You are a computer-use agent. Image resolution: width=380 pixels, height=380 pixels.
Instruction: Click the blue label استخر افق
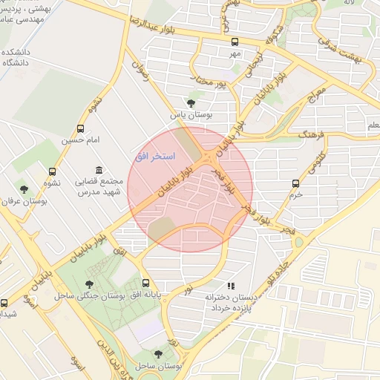(x=154, y=157)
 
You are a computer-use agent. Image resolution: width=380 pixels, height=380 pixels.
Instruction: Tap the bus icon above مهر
(x=235, y=42)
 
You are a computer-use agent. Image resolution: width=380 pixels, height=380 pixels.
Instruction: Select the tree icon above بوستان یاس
(x=192, y=102)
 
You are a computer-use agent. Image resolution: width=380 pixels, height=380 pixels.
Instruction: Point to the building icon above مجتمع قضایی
(x=100, y=170)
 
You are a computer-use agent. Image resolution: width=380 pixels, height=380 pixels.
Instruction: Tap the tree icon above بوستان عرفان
(x=24, y=189)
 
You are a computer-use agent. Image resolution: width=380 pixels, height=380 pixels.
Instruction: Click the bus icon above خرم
(x=296, y=183)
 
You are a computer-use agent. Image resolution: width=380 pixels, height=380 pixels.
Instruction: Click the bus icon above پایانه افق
(x=145, y=284)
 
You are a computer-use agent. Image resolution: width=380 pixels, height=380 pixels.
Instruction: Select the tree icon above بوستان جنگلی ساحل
(x=90, y=284)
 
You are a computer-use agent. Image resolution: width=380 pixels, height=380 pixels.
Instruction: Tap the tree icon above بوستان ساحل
(x=157, y=354)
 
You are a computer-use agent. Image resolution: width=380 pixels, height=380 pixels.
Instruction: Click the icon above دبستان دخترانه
(x=231, y=286)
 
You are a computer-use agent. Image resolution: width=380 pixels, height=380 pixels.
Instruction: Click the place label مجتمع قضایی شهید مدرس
(x=99, y=187)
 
